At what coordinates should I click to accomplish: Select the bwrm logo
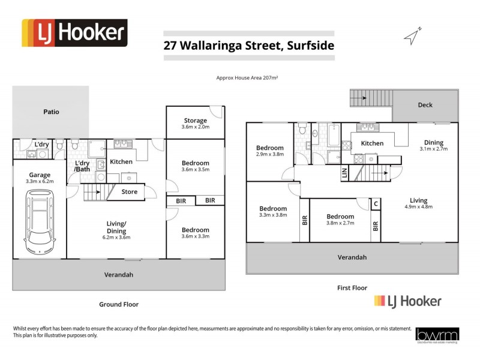click(x=437, y=335)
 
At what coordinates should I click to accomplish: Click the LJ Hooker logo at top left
click(x=74, y=33)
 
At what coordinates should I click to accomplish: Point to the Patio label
click(x=51, y=111)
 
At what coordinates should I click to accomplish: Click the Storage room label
click(x=195, y=121)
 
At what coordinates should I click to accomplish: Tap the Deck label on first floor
click(x=425, y=105)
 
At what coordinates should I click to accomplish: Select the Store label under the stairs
click(x=130, y=192)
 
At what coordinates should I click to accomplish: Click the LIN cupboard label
click(x=344, y=173)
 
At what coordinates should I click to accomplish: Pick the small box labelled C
click(x=376, y=204)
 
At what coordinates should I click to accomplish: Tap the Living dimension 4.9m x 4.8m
click(x=418, y=206)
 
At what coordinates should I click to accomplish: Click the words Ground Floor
click(x=119, y=304)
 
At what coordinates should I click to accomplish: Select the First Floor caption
click(x=352, y=288)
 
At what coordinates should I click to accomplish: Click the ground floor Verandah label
click(x=119, y=275)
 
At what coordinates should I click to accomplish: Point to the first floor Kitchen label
click(x=371, y=143)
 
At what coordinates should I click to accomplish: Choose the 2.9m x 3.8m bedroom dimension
click(x=270, y=154)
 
